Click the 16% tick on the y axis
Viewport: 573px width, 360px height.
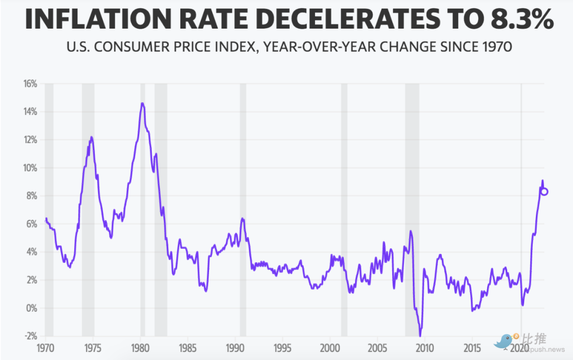pos(29,84)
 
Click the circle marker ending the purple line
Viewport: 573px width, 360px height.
pos(544,191)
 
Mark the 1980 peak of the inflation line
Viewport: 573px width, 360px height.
pos(142,103)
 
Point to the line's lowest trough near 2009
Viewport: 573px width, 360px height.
pos(420,335)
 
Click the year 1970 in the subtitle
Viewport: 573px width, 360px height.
pos(497,47)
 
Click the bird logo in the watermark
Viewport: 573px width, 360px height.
pos(503,341)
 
